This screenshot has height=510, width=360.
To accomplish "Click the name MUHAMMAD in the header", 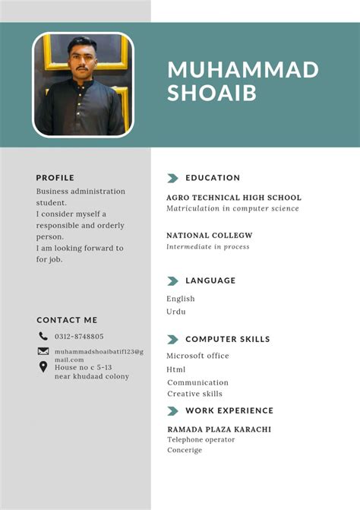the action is click(x=242, y=70).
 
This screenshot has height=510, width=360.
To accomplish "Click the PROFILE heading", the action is click(x=55, y=178).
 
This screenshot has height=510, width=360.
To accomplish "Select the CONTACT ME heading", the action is click(x=67, y=320).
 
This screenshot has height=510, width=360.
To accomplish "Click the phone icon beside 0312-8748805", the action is click(x=43, y=336).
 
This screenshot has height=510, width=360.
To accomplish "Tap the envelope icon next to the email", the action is click(x=43, y=351).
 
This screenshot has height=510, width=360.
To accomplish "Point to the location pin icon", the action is click(x=43, y=367).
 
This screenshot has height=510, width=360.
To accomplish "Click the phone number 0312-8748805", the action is click(x=79, y=336).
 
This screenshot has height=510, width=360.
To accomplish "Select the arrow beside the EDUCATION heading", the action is click(x=172, y=178).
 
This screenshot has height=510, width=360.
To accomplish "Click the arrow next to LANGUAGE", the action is click(x=172, y=280).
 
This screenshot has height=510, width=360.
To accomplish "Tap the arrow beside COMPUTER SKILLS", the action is click(x=172, y=339).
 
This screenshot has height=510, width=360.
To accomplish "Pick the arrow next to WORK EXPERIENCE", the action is click(x=172, y=410).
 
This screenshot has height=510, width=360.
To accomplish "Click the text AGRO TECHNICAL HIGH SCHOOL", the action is click(x=234, y=198).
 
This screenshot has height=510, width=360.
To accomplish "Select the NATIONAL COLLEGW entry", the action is click(x=210, y=236).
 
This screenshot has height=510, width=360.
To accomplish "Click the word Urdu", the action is click(x=176, y=312).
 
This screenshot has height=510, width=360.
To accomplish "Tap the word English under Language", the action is click(x=181, y=299).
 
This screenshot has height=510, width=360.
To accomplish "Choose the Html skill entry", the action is click(x=176, y=369).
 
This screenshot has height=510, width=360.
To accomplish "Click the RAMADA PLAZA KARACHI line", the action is click(x=219, y=429).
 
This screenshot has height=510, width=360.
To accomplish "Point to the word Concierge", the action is click(x=185, y=450).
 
